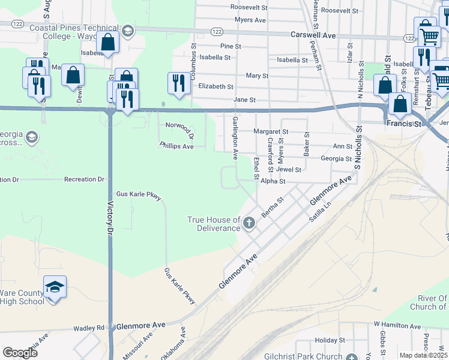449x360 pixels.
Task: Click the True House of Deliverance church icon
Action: (x=249, y=224)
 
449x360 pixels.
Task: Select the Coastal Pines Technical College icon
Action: (x=127, y=31)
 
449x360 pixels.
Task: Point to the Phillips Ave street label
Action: (x=176, y=146)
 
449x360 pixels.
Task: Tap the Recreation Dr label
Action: (x=84, y=179)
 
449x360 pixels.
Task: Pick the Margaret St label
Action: (x=270, y=131)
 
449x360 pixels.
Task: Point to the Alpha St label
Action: (x=273, y=181)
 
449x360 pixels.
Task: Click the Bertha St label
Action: (x=272, y=207)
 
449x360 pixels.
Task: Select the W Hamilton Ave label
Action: (x=398, y=324)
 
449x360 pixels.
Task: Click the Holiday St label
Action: (x=327, y=340)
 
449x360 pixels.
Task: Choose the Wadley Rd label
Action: (x=89, y=328)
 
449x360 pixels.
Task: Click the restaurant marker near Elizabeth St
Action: (x=178, y=83)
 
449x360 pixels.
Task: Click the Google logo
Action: (x=20, y=353)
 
